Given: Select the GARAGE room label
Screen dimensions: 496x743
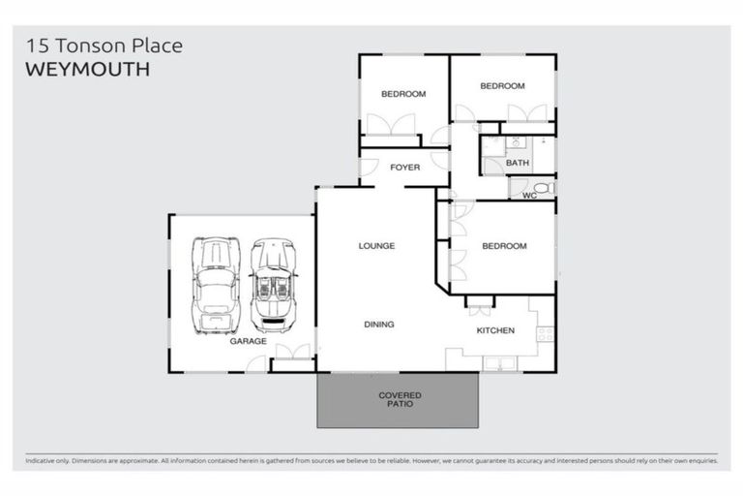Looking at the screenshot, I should (248, 341).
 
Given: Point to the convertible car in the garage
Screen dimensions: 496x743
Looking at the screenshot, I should (273, 285).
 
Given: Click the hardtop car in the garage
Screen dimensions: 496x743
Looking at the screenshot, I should (216, 285).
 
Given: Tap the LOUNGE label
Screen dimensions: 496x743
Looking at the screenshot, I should (376, 246).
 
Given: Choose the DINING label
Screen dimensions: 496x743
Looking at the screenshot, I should (378, 325).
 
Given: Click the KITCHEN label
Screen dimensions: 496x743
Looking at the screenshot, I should (494, 331).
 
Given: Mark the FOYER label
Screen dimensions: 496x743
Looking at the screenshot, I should (404, 168).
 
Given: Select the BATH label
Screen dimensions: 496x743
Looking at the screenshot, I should (518, 163).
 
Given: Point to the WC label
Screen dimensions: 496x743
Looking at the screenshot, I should (528, 196).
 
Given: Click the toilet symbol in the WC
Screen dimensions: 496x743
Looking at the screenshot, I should (544, 187).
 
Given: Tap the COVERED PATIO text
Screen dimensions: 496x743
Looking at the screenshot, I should (399, 400).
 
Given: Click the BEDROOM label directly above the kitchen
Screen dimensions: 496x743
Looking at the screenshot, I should (503, 246).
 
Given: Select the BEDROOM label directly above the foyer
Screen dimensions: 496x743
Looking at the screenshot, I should (403, 94).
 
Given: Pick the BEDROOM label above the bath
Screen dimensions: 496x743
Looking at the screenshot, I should (502, 86).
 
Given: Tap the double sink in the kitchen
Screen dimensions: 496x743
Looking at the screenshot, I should (501, 363).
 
